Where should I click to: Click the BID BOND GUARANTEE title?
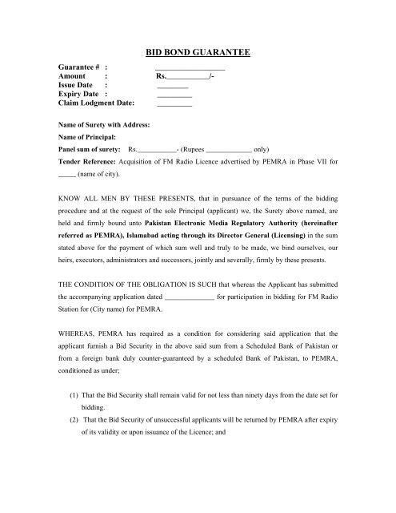coord(198,52)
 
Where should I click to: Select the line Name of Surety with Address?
coord(106,126)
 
